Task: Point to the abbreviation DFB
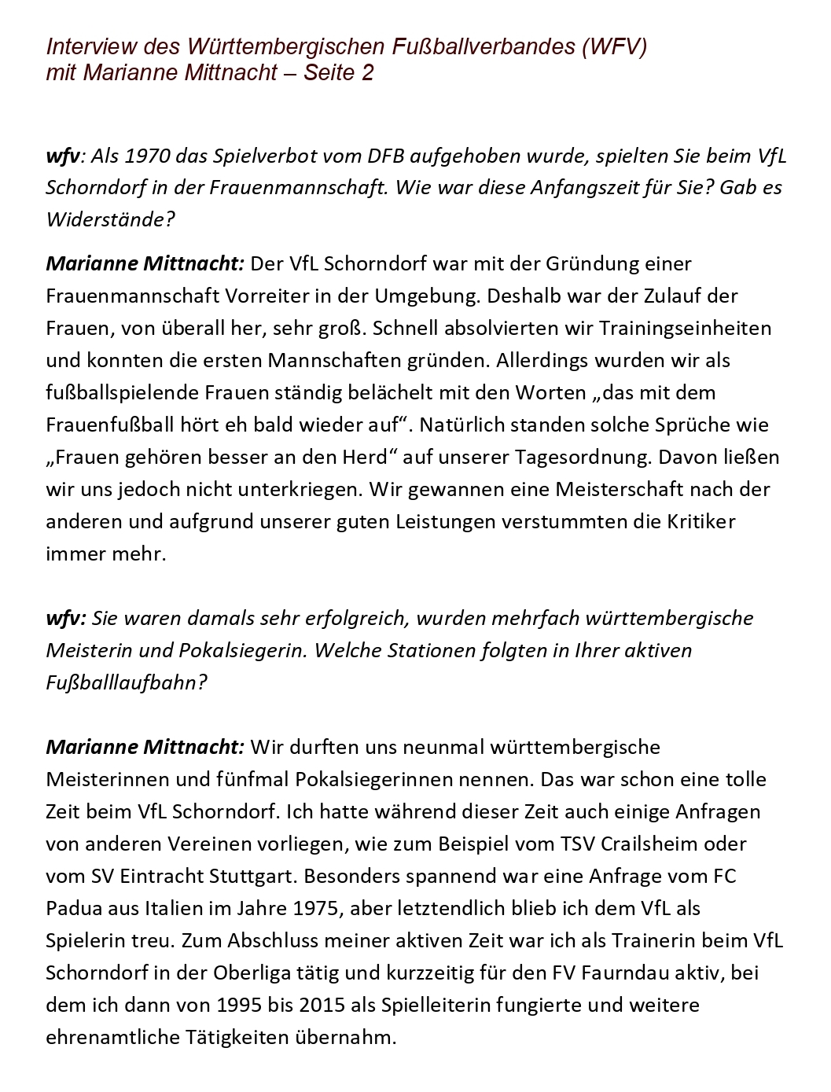coord(386,156)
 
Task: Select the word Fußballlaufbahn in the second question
coord(127,682)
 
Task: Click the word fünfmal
coord(252,779)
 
